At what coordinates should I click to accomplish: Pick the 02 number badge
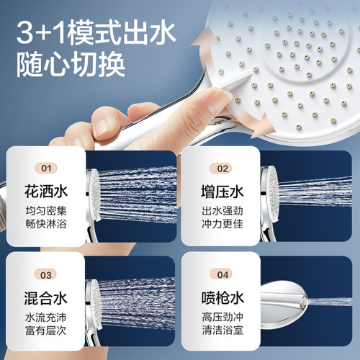pyautogui.click(x=224, y=168)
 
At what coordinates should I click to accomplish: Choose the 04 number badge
pyautogui.click(x=224, y=274)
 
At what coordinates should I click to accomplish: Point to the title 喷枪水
pyautogui.click(x=224, y=297)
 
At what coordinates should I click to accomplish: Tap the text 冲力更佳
pyautogui.click(x=224, y=226)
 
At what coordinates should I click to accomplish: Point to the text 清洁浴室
pyautogui.click(x=224, y=333)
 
